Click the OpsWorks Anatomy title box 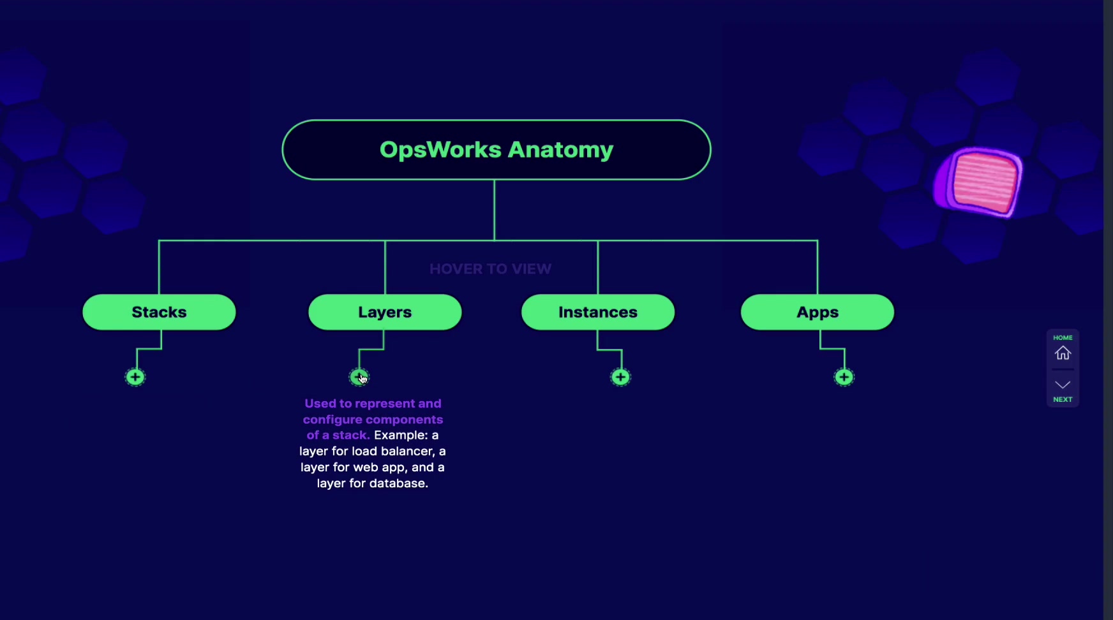tap(497, 150)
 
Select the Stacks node tap(159, 312)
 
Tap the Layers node tap(385, 312)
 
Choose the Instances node tap(598, 312)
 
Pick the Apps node tap(818, 312)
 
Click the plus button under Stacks tap(135, 377)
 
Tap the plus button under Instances tap(620, 377)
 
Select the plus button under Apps tap(844, 377)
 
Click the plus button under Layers tap(359, 377)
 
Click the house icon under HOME tap(1063, 353)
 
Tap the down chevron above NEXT tap(1063, 384)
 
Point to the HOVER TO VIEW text tap(490, 269)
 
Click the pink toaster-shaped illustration tap(978, 181)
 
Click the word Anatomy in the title tap(560, 150)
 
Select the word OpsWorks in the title tap(440, 149)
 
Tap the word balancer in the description tap(408, 451)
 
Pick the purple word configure tap(329, 420)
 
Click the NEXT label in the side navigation tap(1063, 399)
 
